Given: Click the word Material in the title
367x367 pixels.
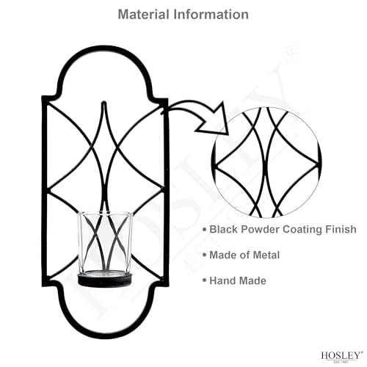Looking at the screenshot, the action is (x=143, y=14).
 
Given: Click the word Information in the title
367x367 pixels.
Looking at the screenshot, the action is (x=211, y=14).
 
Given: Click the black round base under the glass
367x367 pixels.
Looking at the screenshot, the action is (x=105, y=280).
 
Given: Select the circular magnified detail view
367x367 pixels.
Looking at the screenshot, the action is (x=266, y=162).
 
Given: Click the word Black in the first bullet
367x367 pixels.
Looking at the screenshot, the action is (x=223, y=230).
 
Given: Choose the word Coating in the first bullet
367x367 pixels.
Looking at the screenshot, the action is (x=302, y=230).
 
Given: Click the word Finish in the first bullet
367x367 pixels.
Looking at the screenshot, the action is (x=341, y=230).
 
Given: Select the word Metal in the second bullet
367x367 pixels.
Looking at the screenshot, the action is (x=266, y=255).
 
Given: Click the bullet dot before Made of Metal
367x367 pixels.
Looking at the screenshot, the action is (x=205, y=255).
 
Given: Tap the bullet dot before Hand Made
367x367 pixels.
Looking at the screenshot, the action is (x=205, y=280).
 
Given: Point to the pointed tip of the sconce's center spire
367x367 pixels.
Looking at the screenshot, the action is (x=104, y=102).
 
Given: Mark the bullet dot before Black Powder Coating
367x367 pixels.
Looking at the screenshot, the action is (x=205, y=229).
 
